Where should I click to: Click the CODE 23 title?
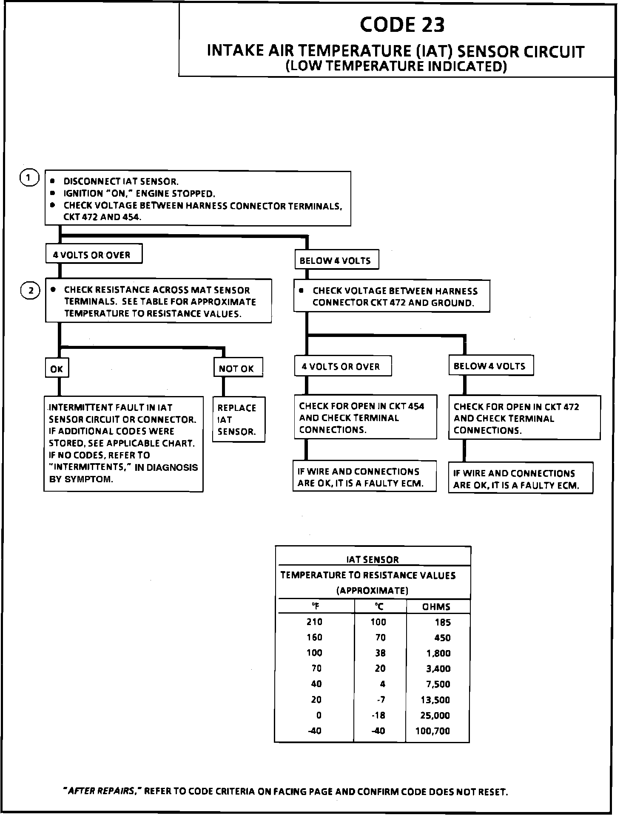point(402,25)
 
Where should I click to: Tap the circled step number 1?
point(29,178)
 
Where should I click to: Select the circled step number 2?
point(30,291)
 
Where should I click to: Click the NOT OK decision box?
point(238,368)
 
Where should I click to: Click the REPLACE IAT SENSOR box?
point(238,419)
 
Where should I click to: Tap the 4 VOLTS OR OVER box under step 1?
point(94,255)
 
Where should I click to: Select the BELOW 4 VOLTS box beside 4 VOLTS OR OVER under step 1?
point(336,260)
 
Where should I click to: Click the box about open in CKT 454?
point(364,418)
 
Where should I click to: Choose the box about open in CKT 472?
point(524,418)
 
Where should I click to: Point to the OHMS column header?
point(436,607)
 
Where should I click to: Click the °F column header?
point(316,607)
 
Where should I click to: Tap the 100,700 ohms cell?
point(433,731)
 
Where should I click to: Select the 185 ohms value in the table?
point(442,623)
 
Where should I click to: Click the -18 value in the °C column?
point(378,715)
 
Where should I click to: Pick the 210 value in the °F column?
point(314,622)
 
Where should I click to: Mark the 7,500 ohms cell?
point(438,684)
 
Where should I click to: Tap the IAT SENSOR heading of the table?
point(373,560)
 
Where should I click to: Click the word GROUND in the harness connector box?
point(457,303)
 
